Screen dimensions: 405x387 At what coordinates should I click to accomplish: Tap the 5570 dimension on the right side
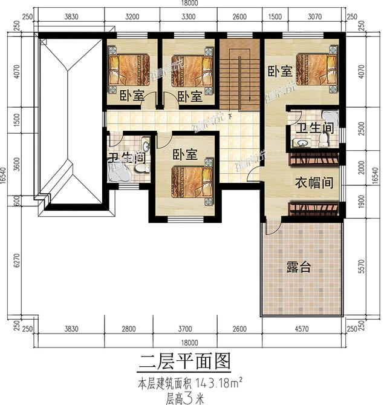click(362, 266)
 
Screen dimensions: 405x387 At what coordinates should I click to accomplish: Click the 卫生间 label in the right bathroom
click(314, 128)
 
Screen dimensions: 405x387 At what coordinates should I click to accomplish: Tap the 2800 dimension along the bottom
click(128, 329)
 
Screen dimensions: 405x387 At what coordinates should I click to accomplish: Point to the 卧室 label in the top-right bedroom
click(280, 71)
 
